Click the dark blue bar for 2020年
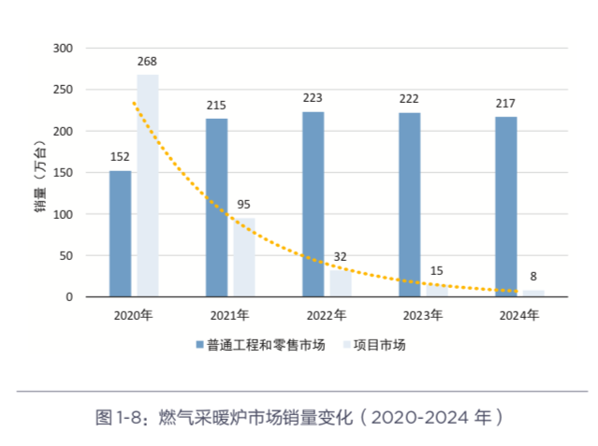[120, 234]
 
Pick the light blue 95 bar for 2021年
[244, 257]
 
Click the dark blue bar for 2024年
[505, 207]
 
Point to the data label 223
[313, 98]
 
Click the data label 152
[120, 157]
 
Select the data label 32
[342, 256]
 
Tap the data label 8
[534, 276]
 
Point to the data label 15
[437, 270]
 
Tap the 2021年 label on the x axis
[229, 315]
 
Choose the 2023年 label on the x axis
[422, 315]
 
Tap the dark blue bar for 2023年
[409, 205]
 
